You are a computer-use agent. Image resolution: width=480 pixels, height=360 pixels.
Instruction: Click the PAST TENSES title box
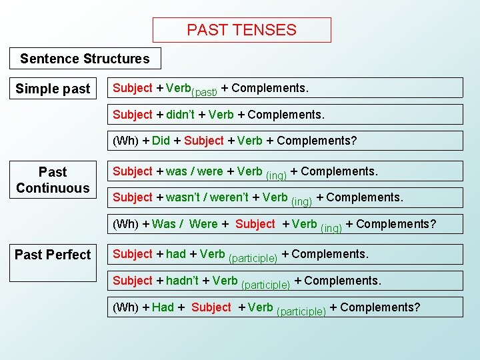pyautogui.click(x=241, y=30)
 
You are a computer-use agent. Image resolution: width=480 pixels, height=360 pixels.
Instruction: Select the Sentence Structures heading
pyautogui.click(x=85, y=59)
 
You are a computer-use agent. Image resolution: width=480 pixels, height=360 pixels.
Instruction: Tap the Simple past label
pyautogui.click(x=53, y=89)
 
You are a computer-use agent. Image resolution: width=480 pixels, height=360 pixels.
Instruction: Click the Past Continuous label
pyautogui.click(x=53, y=180)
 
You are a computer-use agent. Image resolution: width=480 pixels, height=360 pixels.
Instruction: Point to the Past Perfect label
pyautogui.click(x=53, y=255)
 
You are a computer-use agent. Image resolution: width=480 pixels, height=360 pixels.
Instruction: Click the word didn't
pyautogui.click(x=180, y=115)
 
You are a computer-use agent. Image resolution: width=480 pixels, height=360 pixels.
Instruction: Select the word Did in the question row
pyautogui.click(x=161, y=141)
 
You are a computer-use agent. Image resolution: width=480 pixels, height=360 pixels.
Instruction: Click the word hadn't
pyautogui.click(x=182, y=281)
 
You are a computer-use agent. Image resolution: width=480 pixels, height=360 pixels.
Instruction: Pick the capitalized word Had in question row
pyautogui.click(x=163, y=307)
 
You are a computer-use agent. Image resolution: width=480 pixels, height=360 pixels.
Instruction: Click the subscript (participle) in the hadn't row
pyautogui.click(x=265, y=285)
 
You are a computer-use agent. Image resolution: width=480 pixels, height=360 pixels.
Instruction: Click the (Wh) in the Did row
pyautogui.click(x=126, y=141)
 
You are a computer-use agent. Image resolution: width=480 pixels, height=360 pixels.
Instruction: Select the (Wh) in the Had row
pyautogui.click(x=126, y=307)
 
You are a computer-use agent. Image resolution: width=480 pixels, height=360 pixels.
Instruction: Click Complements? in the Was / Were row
pyautogui.click(x=396, y=224)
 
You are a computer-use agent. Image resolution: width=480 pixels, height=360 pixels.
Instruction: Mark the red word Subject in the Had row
pyautogui.click(x=211, y=307)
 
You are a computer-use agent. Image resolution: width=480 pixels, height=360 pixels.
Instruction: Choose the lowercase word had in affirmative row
pyautogui.click(x=176, y=254)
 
